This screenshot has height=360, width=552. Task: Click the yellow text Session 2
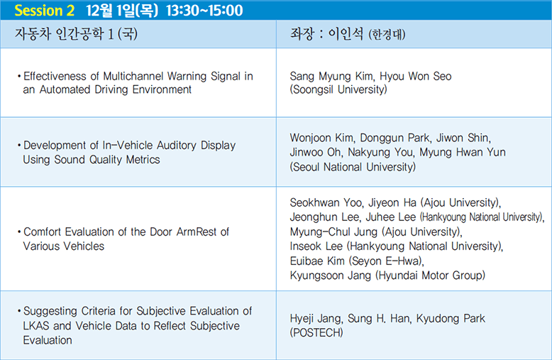45,11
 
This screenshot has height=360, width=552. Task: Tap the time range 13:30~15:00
204,11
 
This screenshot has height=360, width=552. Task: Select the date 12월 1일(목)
122,11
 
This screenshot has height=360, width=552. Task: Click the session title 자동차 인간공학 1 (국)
76,34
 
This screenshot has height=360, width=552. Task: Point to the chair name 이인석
346,34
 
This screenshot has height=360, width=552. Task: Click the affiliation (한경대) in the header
387,35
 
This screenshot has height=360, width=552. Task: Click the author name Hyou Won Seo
415,76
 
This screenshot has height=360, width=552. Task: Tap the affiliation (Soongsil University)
338,89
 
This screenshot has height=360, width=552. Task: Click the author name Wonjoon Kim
322,138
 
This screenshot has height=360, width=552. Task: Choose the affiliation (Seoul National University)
353,167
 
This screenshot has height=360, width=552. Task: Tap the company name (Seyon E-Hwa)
386,261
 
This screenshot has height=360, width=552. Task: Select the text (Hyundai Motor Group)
430,275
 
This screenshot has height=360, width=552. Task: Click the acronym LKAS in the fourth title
36,326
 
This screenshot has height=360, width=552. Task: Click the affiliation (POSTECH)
316,332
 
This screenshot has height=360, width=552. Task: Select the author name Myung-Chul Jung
333,231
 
